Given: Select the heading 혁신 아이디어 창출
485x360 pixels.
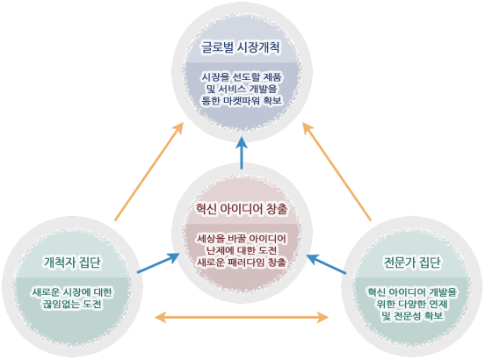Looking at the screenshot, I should pos(242,208).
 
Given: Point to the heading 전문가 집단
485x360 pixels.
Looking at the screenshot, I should pos(412,262).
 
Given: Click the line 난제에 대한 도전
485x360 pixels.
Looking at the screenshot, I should pos(242,250).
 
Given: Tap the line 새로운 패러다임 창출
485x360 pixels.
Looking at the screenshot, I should pos(242,262).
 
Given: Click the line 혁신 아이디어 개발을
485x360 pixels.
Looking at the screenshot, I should pos(412,291).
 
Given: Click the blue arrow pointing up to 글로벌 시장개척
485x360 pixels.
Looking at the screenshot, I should pos(242,154).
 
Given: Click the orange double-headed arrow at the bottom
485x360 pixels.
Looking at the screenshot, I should pos(242,316).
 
